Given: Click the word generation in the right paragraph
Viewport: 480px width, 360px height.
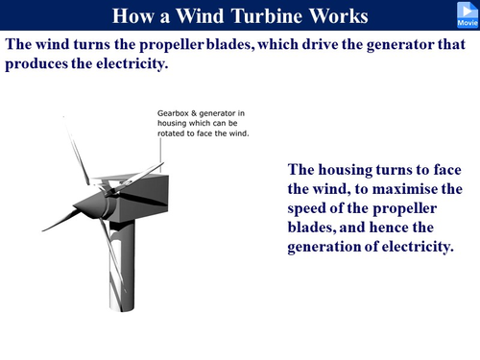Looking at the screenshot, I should [x=327, y=247].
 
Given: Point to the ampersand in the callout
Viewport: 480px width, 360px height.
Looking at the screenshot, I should [x=197, y=112].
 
